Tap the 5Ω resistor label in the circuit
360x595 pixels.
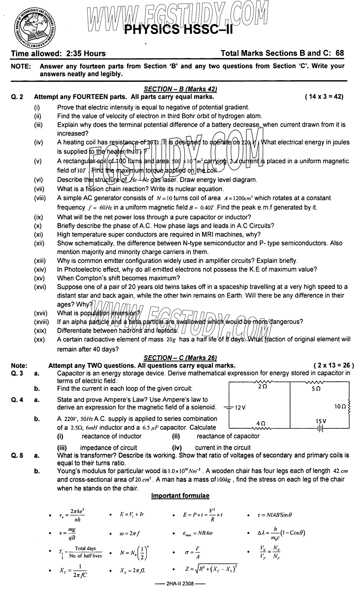[x=316, y=388]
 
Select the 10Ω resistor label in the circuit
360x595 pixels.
[x=340, y=406]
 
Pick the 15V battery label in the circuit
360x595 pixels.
[x=321, y=421]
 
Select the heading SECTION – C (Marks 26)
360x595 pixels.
[x=180, y=358]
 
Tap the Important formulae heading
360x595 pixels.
[x=180, y=495]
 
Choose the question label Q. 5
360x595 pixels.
[x=17, y=455]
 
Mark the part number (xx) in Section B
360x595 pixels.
[x=39, y=340]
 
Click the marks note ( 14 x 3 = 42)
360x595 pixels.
[x=324, y=97]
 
